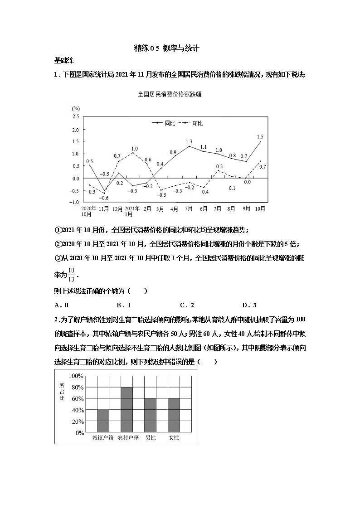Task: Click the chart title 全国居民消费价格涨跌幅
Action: point(169,95)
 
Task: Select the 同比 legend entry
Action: point(165,123)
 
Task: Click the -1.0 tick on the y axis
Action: point(73,202)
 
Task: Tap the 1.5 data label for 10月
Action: point(260,137)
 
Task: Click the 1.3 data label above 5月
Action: point(189,142)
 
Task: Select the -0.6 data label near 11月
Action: point(104,198)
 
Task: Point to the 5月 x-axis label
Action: point(189,209)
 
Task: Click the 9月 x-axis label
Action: point(246,209)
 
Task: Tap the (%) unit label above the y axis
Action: point(75,109)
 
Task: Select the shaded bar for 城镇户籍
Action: point(103,421)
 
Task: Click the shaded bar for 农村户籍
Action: point(126,410)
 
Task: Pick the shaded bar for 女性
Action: point(174,415)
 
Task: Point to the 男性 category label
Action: point(150,438)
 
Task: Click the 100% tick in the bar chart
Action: point(76,376)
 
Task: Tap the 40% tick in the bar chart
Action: point(77,410)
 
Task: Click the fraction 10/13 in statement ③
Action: point(71,275)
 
